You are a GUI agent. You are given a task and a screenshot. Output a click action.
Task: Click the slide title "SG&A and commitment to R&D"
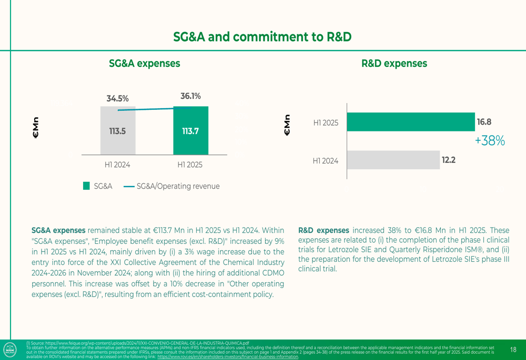262,37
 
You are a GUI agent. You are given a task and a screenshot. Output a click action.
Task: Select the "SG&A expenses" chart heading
144,64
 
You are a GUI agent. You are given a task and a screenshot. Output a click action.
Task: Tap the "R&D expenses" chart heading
394,64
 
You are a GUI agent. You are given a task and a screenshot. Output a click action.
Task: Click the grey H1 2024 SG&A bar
118,131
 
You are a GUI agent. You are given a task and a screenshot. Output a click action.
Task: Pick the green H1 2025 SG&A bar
190,131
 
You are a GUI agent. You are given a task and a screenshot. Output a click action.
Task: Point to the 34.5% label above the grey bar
117,98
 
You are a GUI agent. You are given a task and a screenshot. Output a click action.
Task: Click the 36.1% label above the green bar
190,96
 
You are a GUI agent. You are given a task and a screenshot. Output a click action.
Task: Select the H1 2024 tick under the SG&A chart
117,164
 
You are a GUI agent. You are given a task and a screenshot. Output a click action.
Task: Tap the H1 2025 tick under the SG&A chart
190,164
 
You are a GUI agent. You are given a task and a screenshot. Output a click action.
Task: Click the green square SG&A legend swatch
87,186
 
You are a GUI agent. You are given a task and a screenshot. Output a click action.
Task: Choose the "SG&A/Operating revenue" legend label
178,186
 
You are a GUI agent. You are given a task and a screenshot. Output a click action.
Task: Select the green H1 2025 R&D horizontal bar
410,122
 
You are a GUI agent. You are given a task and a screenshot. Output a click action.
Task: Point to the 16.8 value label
483,122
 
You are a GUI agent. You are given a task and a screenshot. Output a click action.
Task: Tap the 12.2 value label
448,160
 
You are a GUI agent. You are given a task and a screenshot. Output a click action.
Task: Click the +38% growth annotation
490,140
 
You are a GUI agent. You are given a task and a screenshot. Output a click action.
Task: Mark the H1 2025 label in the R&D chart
326,122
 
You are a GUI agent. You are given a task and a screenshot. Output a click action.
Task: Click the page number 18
513,349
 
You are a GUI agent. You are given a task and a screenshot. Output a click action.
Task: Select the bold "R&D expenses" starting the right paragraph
323,230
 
